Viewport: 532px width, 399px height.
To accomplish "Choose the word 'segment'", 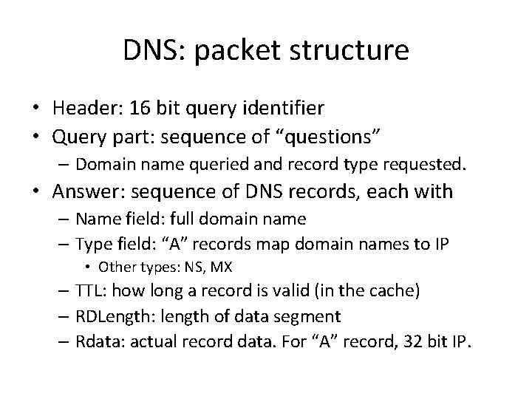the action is (x=309, y=316).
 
